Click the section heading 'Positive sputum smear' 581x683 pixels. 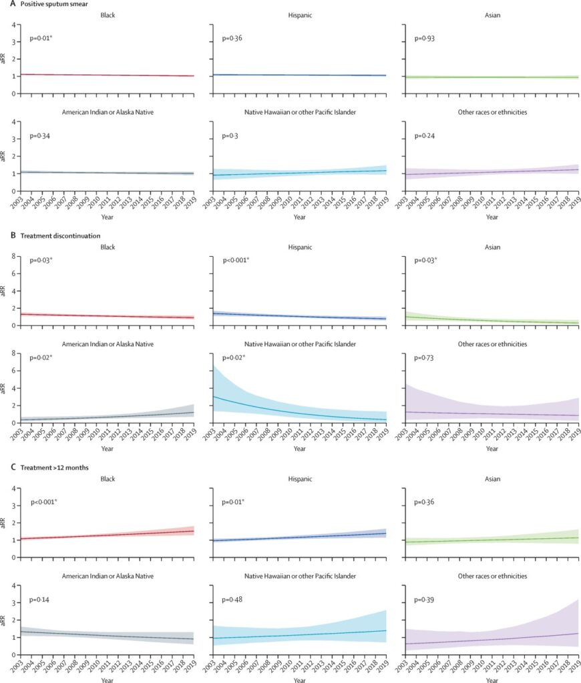coord(51,4)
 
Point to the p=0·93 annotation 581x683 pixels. coord(425,39)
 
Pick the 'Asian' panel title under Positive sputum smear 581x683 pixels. coord(492,15)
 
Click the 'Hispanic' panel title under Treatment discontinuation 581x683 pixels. coord(300,247)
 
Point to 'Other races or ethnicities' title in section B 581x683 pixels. coord(492,344)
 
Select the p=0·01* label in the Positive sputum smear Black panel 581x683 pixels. coord(42,39)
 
